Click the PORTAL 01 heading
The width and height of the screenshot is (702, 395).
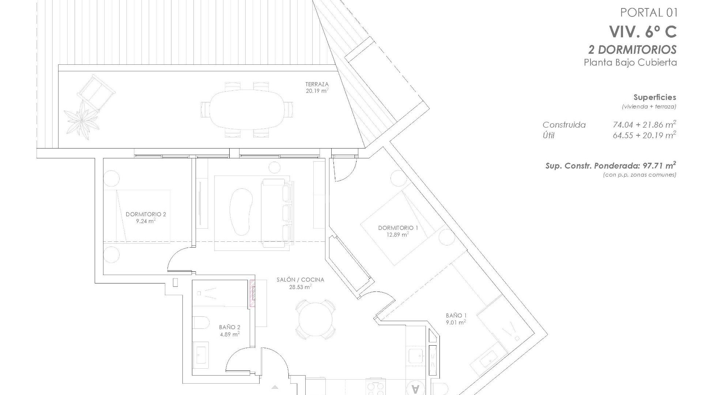coord(649,13)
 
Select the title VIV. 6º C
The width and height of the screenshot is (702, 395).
coord(643,32)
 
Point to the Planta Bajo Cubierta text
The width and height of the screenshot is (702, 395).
coord(630,63)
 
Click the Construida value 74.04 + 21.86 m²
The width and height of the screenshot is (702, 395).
coord(644,125)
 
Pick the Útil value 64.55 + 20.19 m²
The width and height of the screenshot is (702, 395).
coord(644,136)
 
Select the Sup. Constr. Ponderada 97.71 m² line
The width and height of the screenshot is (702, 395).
coord(610,166)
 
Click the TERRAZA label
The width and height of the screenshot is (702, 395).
coord(317,84)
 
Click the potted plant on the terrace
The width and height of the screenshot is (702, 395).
coord(81,120)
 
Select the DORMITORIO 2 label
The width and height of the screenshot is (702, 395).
coord(146,214)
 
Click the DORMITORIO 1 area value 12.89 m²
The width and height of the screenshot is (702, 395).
coord(397,235)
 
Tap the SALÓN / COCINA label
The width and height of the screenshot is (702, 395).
coord(300,280)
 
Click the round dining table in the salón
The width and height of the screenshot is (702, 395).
coord(315,319)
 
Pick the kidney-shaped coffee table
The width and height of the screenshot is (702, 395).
coord(241,212)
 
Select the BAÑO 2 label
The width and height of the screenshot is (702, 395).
coord(230,327)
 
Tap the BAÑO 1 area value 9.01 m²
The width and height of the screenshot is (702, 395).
coord(455,323)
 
